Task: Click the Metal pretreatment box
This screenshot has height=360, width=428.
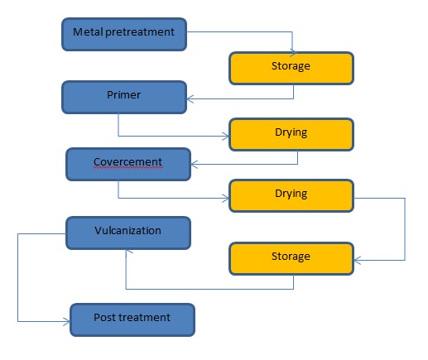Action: [x=123, y=32]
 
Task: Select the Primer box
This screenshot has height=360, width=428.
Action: [x=123, y=96]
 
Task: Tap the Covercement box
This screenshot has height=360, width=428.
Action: [x=128, y=163]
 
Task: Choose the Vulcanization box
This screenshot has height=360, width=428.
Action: [x=128, y=232]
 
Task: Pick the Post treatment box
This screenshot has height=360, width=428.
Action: [x=132, y=319]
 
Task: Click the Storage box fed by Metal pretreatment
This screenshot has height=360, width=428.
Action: [x=291, y=67]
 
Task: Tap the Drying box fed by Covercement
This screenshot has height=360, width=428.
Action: [x=291, y=194]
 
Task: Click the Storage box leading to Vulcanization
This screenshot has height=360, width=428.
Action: [x=291, y=257]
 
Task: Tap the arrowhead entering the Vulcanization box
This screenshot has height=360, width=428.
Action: [x=126, y=252]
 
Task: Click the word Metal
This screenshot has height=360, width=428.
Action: [x=87, y=32]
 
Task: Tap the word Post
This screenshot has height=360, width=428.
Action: [x=105, y=318]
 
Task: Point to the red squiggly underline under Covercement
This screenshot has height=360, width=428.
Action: [x=128, y=168]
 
